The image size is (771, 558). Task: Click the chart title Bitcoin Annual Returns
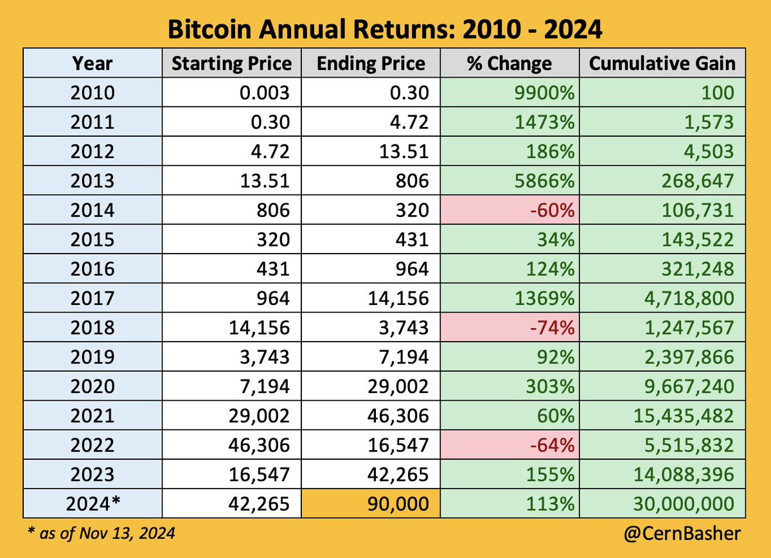pyautogui.click(x=385, y=30)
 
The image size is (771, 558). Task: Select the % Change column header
pyautogui.click(x=510, y=64)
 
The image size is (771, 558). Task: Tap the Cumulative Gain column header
pyautogui.click(x=663, y=64)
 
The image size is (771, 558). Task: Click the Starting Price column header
pyautogui.click(x=231, y=64)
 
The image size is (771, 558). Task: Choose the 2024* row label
pyautogui.click(x=93, y=504)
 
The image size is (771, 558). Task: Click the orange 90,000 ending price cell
pyautogui.click(x=370, y=504)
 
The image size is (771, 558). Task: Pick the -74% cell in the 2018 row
pyautogui.click(x=510, y=328)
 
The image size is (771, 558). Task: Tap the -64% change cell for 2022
pyautogui.click(x=510, y=445)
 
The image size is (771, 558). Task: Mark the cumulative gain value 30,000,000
pyautogui.click(x=663, y=504)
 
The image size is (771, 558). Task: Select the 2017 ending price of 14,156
pyautogui.click(x=370, y=299)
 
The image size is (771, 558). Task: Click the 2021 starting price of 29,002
pyautogui.click(x=231, y=416)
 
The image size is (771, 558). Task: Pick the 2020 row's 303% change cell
pyautogui.click(x=510, y=387)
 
